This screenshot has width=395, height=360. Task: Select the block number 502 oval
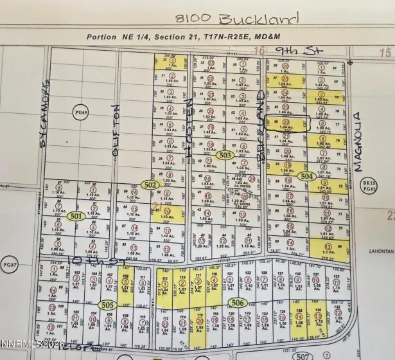pyautogui.click(x=150, y=185)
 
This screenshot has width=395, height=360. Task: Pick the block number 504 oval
pyautogui.click(x=307, y=175)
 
